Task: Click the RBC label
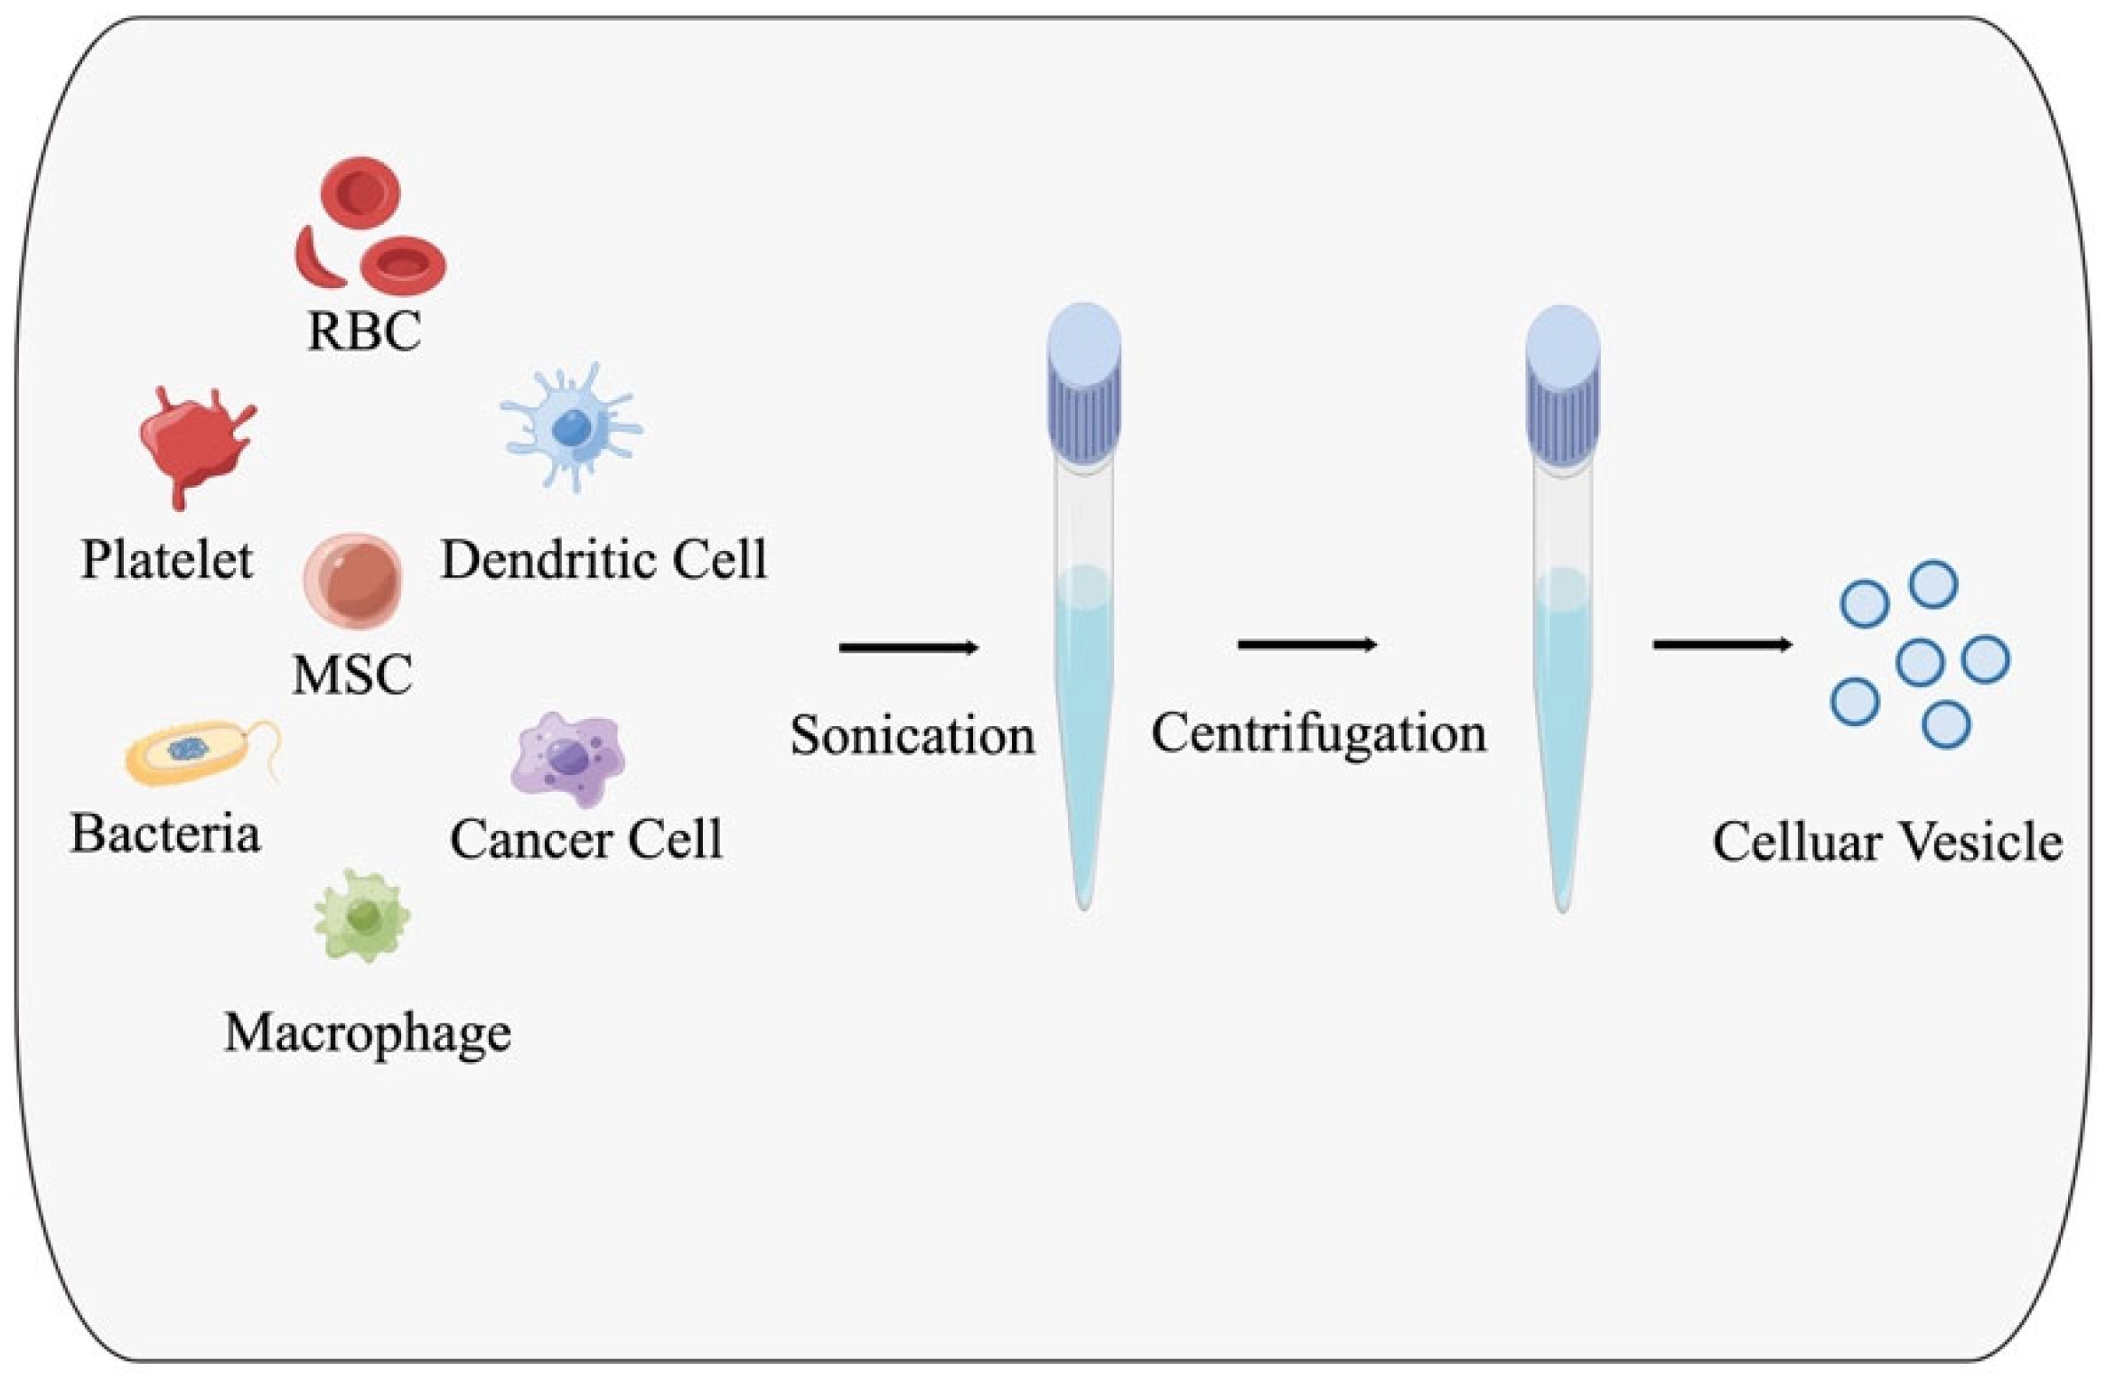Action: (364, 331)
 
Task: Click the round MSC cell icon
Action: (352, 581)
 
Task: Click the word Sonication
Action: (912, 735)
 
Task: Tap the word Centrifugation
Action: (1318, 733)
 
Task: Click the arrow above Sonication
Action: (909, 648)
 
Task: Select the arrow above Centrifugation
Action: (1307, 645)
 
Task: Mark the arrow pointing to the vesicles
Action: (1722, 645)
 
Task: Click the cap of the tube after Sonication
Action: (1084, 384)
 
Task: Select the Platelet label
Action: (167, 559)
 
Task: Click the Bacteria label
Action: (165, 833)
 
